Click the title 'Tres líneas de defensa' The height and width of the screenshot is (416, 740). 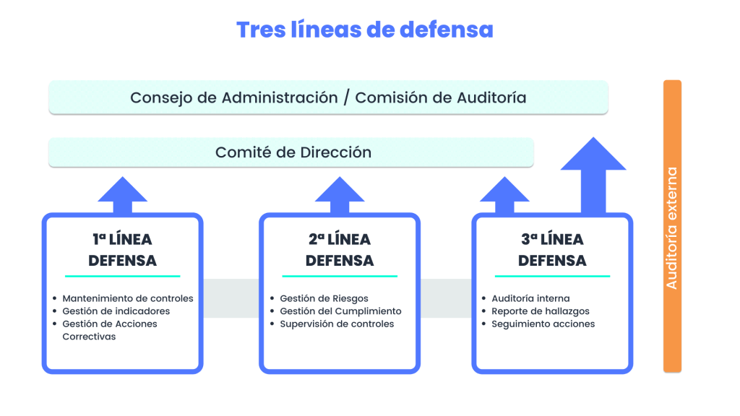click(x=364, y=30)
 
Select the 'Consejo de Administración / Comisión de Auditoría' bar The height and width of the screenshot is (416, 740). click(x=328, y=97)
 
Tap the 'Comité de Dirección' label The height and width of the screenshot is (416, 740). click(x=293, y=152)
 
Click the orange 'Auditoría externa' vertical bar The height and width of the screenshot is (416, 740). click(x=672, y=226)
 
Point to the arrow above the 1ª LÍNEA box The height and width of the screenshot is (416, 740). click(x=123, y=195)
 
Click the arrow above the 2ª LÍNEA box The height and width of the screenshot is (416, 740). click(x=340, y=195)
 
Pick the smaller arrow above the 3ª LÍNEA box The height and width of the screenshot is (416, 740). click(x=504, y=195)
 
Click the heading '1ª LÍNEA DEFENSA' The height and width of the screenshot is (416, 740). click(x=122, y=250)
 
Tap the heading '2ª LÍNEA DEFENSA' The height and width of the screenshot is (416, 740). click(x=340, y=250)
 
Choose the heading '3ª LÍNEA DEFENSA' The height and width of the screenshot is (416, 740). click(x=552, y=250)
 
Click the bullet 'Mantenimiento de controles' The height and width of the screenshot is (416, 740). click(x=128, y=298)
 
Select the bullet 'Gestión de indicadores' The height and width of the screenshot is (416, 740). click(x=116, y=311)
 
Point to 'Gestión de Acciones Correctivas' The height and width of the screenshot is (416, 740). click(x=109, y=330)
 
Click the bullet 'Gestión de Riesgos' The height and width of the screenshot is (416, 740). click(x=324, y=298)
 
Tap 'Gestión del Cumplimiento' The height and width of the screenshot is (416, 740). click(x=340, y=311)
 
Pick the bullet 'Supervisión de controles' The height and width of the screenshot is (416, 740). click(x=337, y=324)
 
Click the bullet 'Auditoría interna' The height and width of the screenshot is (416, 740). click(x=530, y=298)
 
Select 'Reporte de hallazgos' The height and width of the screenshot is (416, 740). click(x=541, y=311)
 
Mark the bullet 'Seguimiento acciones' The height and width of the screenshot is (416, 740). click(x=543, y=324)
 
